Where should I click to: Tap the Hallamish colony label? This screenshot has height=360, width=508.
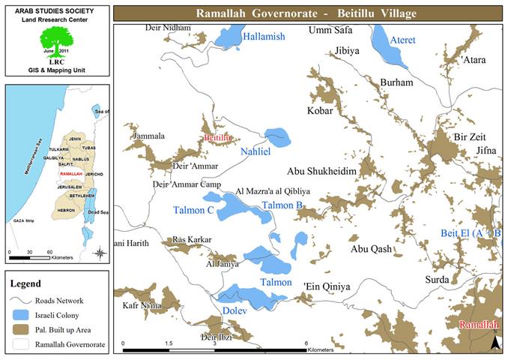coord(265,36)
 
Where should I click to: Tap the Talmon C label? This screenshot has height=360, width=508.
coord(194,211)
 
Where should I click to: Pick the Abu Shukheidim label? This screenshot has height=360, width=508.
coord(318,171)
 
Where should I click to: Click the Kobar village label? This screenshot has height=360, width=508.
coord(321,111)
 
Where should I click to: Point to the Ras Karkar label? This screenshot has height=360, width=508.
coord(193,240)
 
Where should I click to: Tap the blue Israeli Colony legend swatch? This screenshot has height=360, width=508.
coord(25,316)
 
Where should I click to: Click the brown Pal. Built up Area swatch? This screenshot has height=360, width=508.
coord(25,330)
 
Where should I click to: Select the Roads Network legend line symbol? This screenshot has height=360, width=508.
coord(25,301)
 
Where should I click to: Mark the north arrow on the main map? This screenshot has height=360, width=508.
coord(494,342)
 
